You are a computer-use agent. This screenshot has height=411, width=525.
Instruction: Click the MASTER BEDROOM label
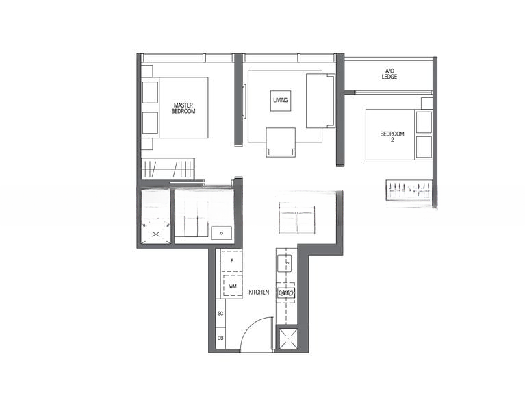(183, 108)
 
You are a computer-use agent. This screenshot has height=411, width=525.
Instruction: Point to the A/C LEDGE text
(389, 73)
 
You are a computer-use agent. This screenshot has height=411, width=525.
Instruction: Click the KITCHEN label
(259, 292)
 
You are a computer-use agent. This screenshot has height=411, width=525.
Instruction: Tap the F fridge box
(233, 261)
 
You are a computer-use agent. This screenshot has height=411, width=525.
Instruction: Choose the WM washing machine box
(233, 285)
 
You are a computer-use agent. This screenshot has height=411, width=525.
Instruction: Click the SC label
(220, 313)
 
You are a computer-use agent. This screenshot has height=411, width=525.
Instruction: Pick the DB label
(220, 338)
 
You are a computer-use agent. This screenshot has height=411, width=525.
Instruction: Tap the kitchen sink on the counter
(285, 292)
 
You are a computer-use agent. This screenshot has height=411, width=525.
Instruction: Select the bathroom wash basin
(221, 233)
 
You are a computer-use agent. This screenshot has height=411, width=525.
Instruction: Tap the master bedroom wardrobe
(168, 169)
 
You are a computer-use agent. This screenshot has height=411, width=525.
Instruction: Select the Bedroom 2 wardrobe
(409, 190)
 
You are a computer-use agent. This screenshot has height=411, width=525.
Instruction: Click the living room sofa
(318, 101)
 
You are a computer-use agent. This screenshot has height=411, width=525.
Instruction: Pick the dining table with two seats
(296, 218)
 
